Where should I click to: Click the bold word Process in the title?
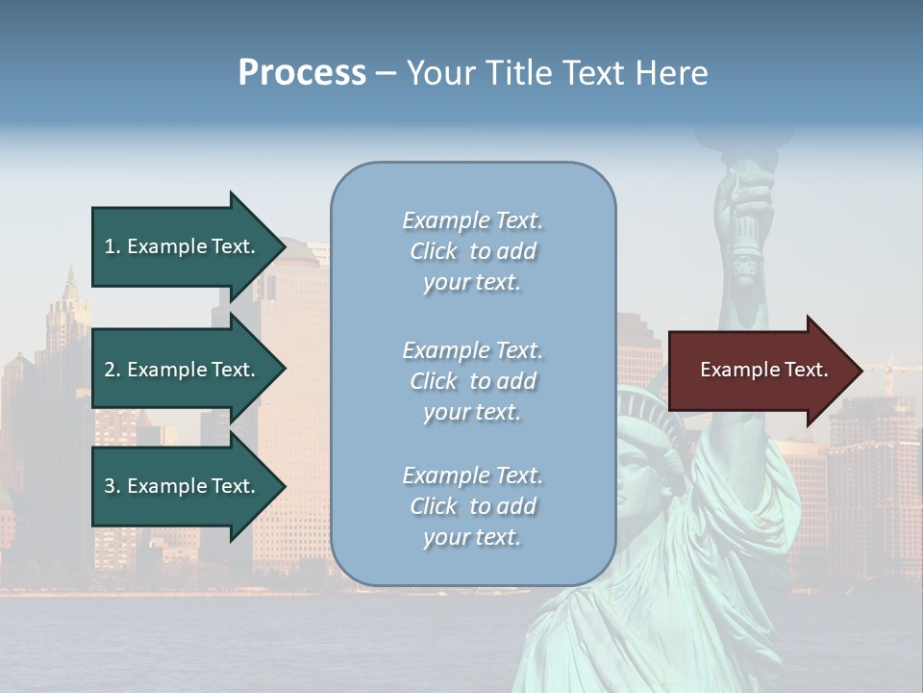tap(302, 73)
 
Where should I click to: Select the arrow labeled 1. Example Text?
tap(183, 246)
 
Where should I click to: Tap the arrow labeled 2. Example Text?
tap(183, 370)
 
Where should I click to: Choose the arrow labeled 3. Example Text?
tap(183, 486)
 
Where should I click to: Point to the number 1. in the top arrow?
tap(112, 246)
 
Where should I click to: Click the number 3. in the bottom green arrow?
tap(112, 486)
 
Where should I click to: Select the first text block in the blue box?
tap(472, 251)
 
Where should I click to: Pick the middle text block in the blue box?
tap(472, 380)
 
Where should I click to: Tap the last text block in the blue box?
tap(472, 506)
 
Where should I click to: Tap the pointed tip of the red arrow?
tap(861, 371)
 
